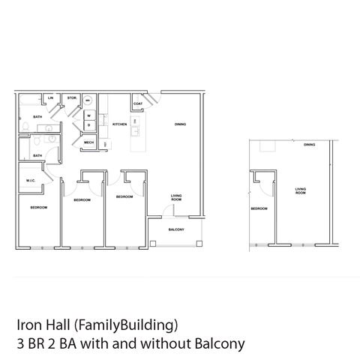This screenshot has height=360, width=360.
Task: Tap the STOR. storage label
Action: click(x=71, y=98)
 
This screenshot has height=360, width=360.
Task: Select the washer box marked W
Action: click(x=88, y=115)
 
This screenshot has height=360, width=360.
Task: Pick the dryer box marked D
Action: click(x=88, y=125)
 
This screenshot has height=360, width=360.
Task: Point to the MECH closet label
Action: click(x=88, y=142)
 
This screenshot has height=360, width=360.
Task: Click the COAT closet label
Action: click(x=138, y=103)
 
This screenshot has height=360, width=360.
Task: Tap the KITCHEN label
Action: click(x=119, y=124)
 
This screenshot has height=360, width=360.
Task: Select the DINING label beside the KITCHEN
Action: click(x=180, y=124)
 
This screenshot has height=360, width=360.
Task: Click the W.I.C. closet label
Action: click(x=30, y=181)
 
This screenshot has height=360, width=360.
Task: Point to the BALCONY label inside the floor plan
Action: click(x=176, y=229)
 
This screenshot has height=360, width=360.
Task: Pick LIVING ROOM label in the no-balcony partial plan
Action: click(x=301, y=191)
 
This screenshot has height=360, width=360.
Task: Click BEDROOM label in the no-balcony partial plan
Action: click(x=259, y=208)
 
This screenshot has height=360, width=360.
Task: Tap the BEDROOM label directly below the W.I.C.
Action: click(x=39, y=207)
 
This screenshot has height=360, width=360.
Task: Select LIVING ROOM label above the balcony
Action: click(x=176, y=197)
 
